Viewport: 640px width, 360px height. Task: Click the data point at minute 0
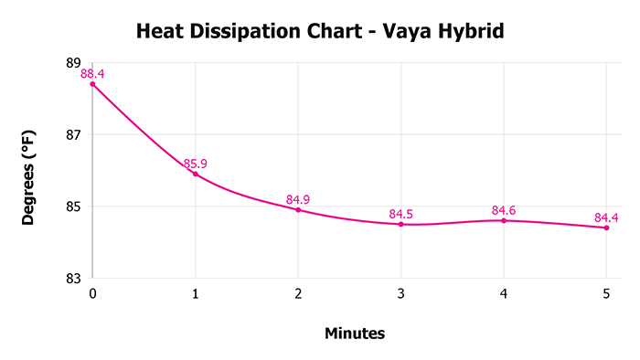pyautogui.click(x=92, y=84)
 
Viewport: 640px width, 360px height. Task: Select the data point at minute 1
pyautogui.click(x=196, y=174)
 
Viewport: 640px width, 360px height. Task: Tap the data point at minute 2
pyautogui.click(x=298, y=209)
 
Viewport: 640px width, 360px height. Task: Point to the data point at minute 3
pyautogui.click(x=400, y=224)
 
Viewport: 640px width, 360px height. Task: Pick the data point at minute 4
pyautogui.click(x=504, y=220)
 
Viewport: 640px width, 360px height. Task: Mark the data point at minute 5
pyautogui.click(x=606, y=228)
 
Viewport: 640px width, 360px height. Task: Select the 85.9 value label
pyautogui.click(x=196, y=164)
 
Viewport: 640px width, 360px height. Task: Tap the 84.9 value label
pyautogui.click(x=298, y=199)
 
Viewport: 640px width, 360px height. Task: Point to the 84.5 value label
pyautogui.click(x=400, y=215)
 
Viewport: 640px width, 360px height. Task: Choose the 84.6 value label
pyautogui.click(x=504, y=211)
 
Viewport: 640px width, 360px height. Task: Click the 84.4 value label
pyautogui.click(x=606, y=217)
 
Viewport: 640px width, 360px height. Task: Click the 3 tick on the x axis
pyautogui.click(x=400, y=293)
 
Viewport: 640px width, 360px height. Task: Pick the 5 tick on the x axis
pyautogui.click(x=606, y=293)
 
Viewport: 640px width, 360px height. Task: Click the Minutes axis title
pyautogui.click(x=355, y=334)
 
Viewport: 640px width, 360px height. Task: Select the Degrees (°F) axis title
pyautogui.click(x=30, y=170)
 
